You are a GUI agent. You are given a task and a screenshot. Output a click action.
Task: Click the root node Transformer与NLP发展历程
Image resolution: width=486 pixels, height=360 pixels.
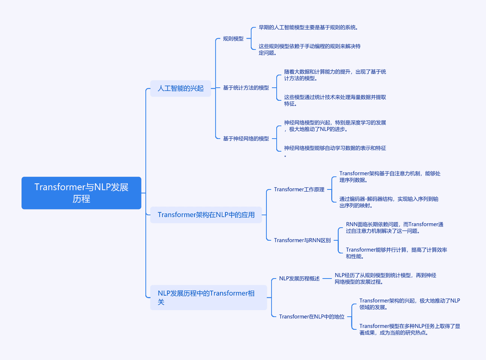click(81, 193)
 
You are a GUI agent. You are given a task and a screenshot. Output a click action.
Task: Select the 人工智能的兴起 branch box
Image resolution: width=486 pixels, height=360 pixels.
click(180, 88)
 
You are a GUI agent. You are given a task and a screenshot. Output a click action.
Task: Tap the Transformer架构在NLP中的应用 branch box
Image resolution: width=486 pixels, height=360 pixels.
click(206, 215)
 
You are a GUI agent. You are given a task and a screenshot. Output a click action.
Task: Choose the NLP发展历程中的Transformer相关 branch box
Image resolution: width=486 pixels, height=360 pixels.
click(209, 297)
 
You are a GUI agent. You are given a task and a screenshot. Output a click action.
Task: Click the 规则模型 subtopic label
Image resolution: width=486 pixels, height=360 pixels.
click(233, 39)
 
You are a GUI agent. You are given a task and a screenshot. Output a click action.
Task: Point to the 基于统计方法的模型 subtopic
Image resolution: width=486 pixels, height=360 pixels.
click(246, 88)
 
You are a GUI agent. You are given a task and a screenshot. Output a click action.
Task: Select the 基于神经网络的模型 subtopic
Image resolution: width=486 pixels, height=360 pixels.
click(246, 139)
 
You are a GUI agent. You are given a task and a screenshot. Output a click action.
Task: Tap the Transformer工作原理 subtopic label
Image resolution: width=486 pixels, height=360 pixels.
click(299, 189)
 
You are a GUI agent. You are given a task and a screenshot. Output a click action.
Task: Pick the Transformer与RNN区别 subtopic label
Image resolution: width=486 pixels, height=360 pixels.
click(302, 240)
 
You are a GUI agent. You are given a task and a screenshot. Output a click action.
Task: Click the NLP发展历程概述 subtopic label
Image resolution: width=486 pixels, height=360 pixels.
click(299, 279)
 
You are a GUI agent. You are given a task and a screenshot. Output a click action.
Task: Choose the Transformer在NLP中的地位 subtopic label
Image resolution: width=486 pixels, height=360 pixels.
click(311, 317)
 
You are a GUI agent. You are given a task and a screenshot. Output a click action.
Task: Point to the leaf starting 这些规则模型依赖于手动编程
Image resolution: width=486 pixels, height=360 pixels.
click(310, 49)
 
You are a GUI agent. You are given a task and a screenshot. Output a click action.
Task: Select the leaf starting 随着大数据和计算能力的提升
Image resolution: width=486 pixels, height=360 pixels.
click(335, 75)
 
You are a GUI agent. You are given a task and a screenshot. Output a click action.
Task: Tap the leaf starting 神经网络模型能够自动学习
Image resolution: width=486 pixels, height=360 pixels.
click(335, 151)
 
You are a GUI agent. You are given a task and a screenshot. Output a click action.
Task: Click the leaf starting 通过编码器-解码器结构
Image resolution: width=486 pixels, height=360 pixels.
click(389, 202)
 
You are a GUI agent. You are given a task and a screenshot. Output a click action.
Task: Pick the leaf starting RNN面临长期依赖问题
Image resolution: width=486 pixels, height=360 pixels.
click(395, 228)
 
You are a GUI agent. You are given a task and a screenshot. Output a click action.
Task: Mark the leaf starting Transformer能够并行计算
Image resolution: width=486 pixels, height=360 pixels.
click(396, 253)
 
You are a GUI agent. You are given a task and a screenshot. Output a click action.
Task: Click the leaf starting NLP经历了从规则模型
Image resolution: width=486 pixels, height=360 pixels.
click(385, 279)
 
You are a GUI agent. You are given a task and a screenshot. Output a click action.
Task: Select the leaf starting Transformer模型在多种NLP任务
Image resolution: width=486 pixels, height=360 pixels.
click(410, 329)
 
